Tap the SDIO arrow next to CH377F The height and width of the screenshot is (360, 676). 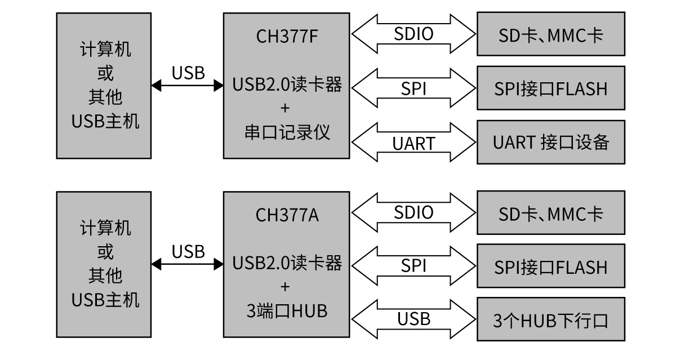tap(413, 34)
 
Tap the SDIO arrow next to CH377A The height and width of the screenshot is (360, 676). tap(413, 212)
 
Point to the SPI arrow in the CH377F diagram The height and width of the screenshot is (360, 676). tap(413, 88)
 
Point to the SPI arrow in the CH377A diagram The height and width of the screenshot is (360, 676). tap(413, 266)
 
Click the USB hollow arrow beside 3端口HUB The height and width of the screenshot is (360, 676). tap(413, 319)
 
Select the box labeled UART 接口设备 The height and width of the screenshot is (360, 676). tap(551, 142)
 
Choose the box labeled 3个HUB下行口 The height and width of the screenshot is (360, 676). tap(551, 320)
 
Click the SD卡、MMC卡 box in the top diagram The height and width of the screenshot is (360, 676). tap(551, 34)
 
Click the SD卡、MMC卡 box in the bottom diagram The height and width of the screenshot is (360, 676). tap(551, 213)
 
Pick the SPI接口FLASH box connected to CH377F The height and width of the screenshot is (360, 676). tap(551, 88)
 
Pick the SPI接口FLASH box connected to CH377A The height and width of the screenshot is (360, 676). tap(551, 266)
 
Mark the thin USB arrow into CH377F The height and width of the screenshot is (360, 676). tap(188, 85)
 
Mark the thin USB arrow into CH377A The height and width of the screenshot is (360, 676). tap(188, 263)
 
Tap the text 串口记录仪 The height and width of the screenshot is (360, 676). tap(287, 132)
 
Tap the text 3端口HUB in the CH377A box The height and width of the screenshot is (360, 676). tap(287, 310)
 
